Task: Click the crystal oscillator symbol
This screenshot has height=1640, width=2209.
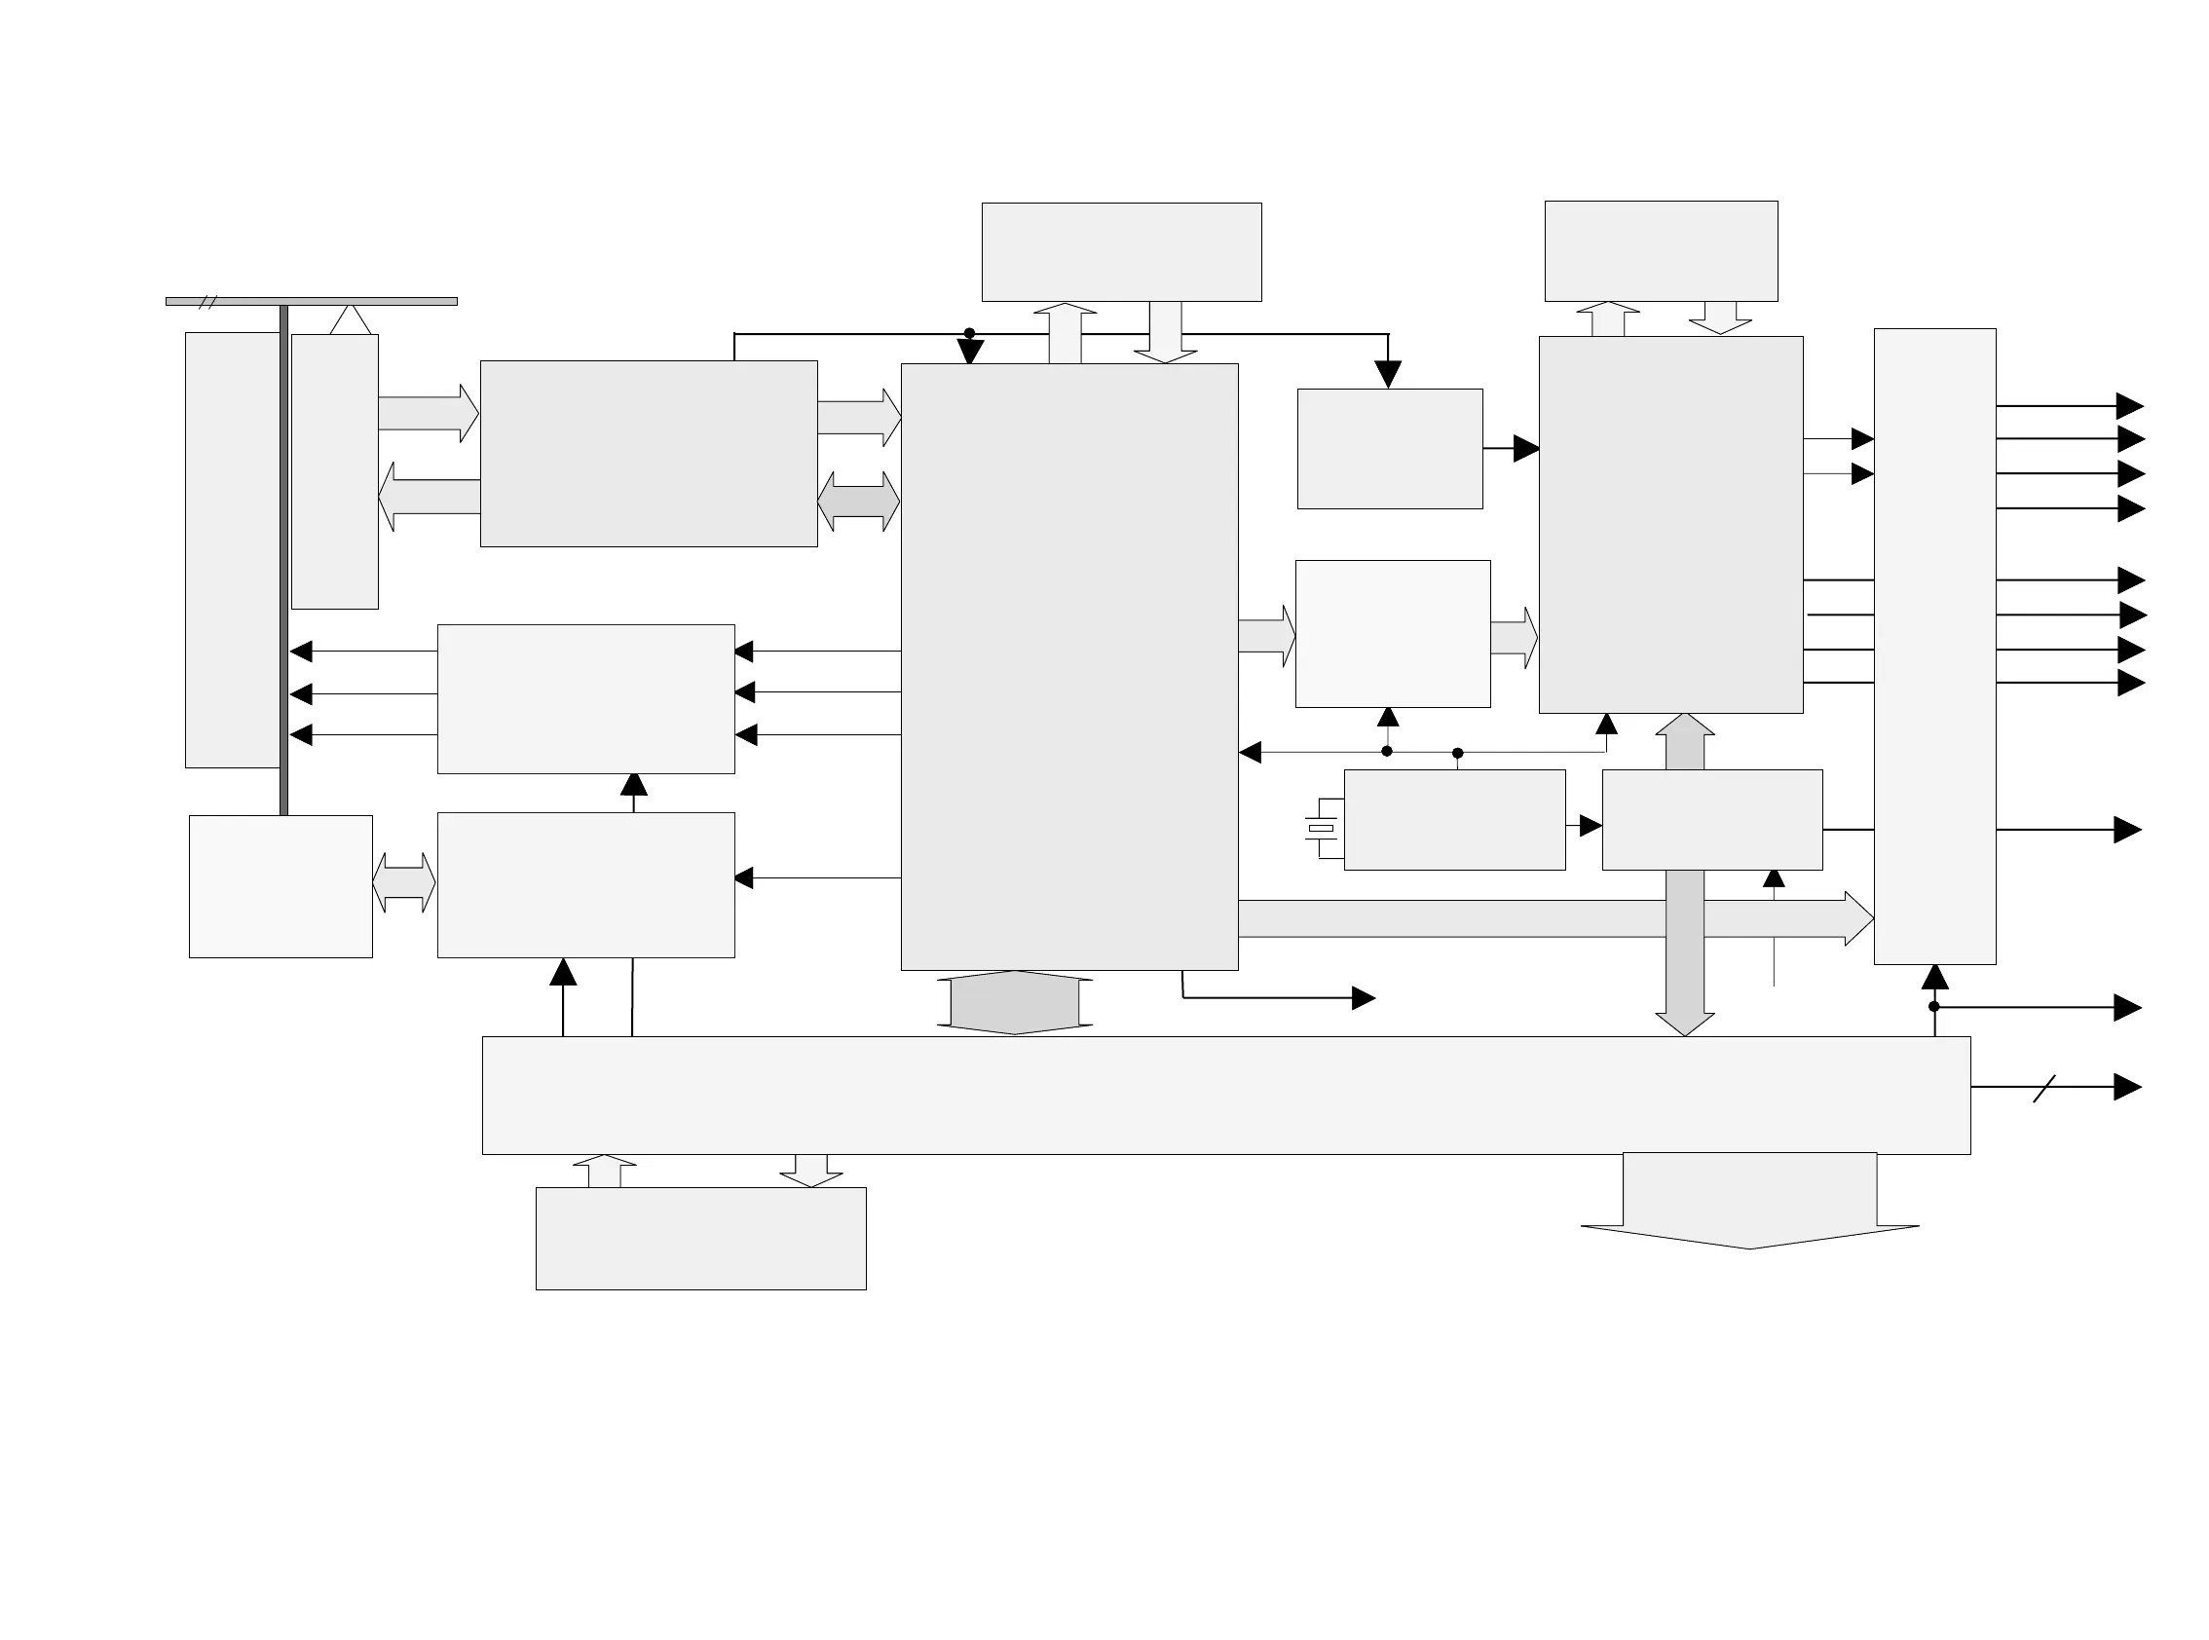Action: pos(1321,828)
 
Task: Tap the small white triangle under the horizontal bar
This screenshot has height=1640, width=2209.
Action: pos(351,320)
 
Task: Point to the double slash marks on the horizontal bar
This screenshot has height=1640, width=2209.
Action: pos(207,302)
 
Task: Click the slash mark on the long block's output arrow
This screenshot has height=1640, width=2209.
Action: pos(2044,1089)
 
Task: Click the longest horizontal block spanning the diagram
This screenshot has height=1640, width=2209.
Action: pos(1225,1095)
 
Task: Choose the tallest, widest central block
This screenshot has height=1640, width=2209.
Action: pos(1069,666)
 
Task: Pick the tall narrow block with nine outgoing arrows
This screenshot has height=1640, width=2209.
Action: pos(1934,647)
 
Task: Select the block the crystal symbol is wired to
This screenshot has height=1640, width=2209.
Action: pos(1454,820)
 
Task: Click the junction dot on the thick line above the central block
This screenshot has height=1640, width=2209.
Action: pos(969,334)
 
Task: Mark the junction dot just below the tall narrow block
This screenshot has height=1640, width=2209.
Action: pos(1934,1007)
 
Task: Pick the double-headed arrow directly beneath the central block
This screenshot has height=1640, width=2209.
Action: pos(1015,1003)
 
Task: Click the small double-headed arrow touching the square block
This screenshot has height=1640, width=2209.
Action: pos(404,882)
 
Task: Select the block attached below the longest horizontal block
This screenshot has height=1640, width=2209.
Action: pos(701,1239)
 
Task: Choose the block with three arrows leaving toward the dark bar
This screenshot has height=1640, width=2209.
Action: pos(585,699)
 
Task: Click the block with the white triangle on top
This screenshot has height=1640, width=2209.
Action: pos(335,471)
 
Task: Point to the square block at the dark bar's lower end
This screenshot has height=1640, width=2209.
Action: pos(281,886)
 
